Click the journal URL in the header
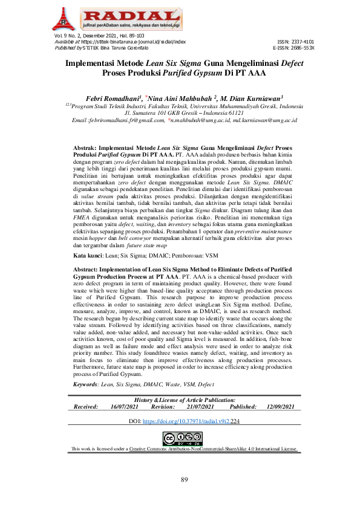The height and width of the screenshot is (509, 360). click(133, 41)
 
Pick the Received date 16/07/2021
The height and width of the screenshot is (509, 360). click(125, 407)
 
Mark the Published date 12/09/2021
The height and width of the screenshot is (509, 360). click(280, 407)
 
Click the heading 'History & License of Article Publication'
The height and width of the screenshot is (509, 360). click(185, 400)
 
